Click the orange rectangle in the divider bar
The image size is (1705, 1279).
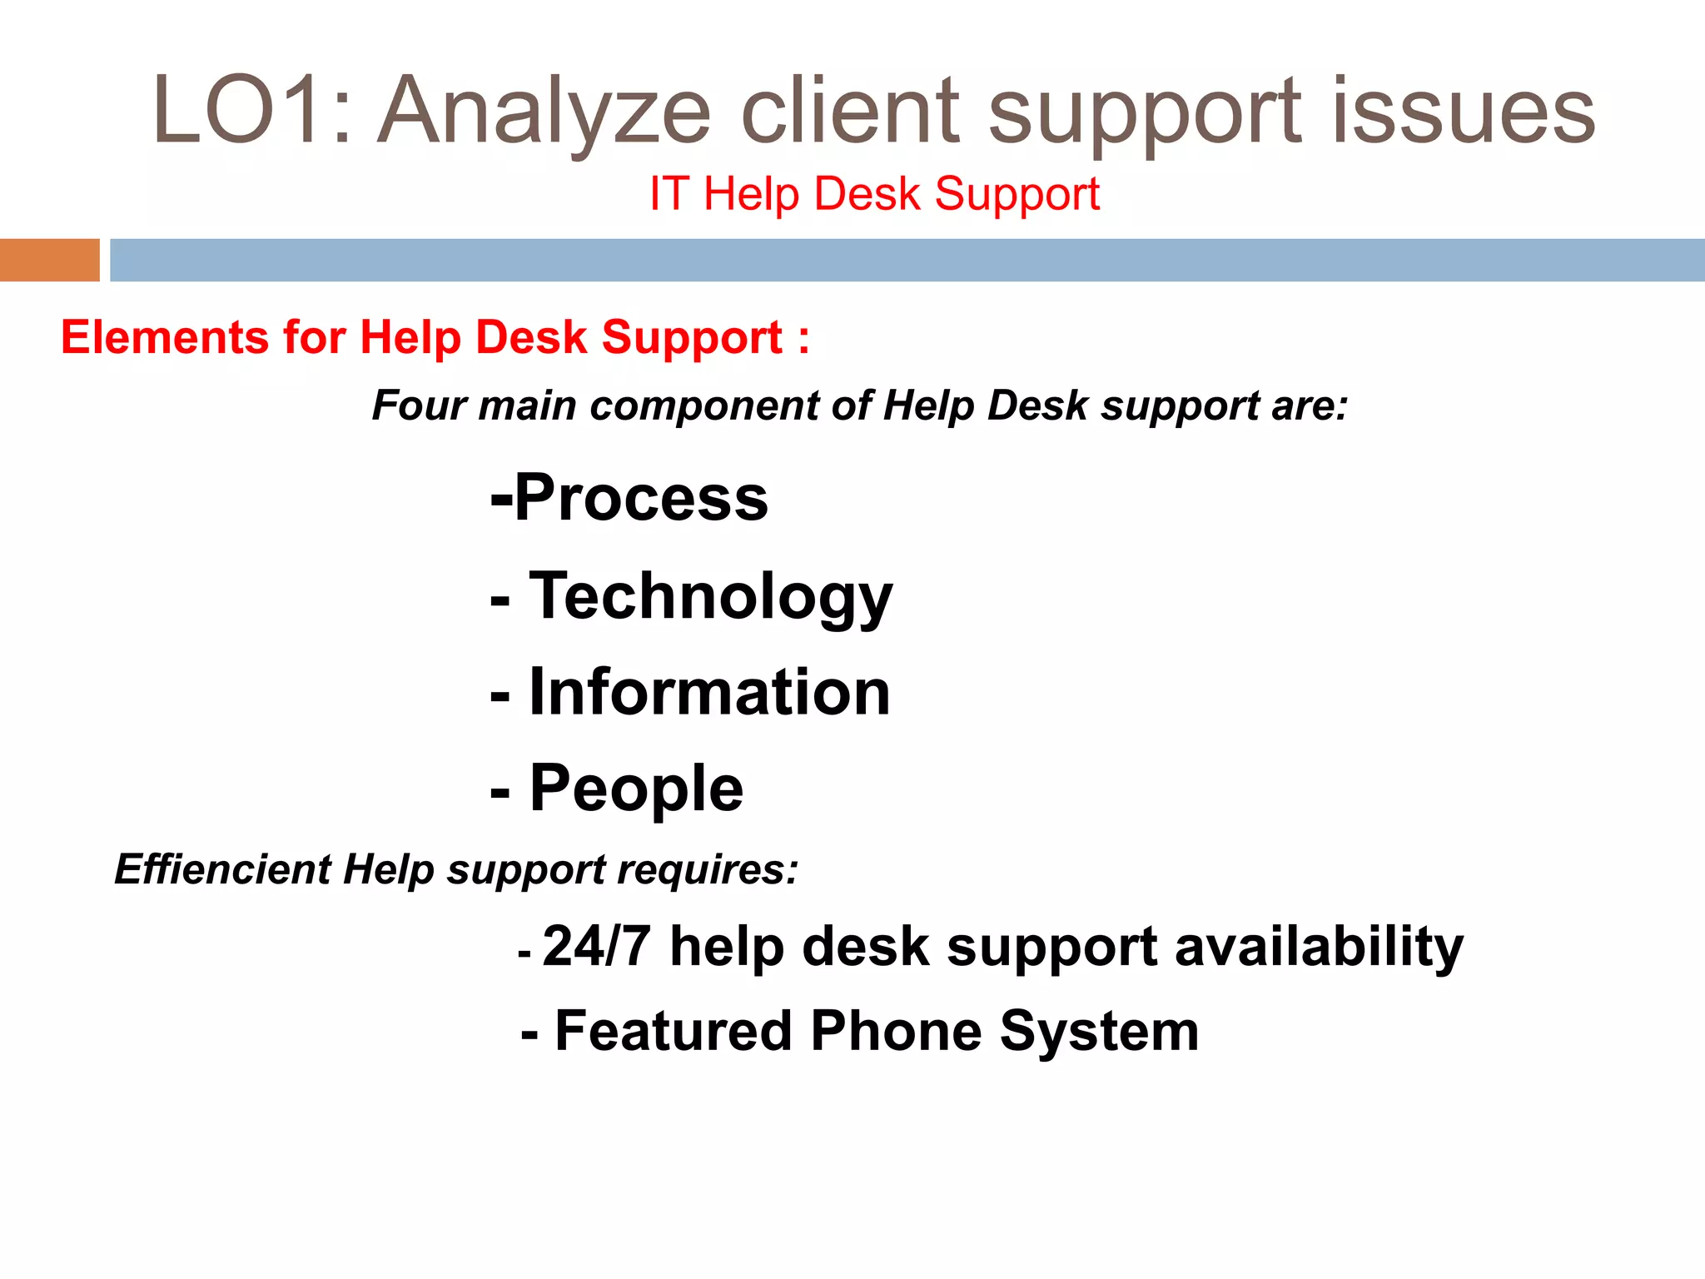(x=49, y=260)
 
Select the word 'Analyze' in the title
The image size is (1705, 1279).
(x=545, y=112)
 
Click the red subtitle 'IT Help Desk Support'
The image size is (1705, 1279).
(x=874, y=194)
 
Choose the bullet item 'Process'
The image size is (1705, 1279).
(x=641, y=498)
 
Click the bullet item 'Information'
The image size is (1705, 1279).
(x=709, y=693)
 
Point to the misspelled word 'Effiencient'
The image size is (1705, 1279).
(x=223, y=869)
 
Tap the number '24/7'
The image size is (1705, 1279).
(x=596, y=947)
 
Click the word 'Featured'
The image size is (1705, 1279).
(x=673, y=1031)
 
